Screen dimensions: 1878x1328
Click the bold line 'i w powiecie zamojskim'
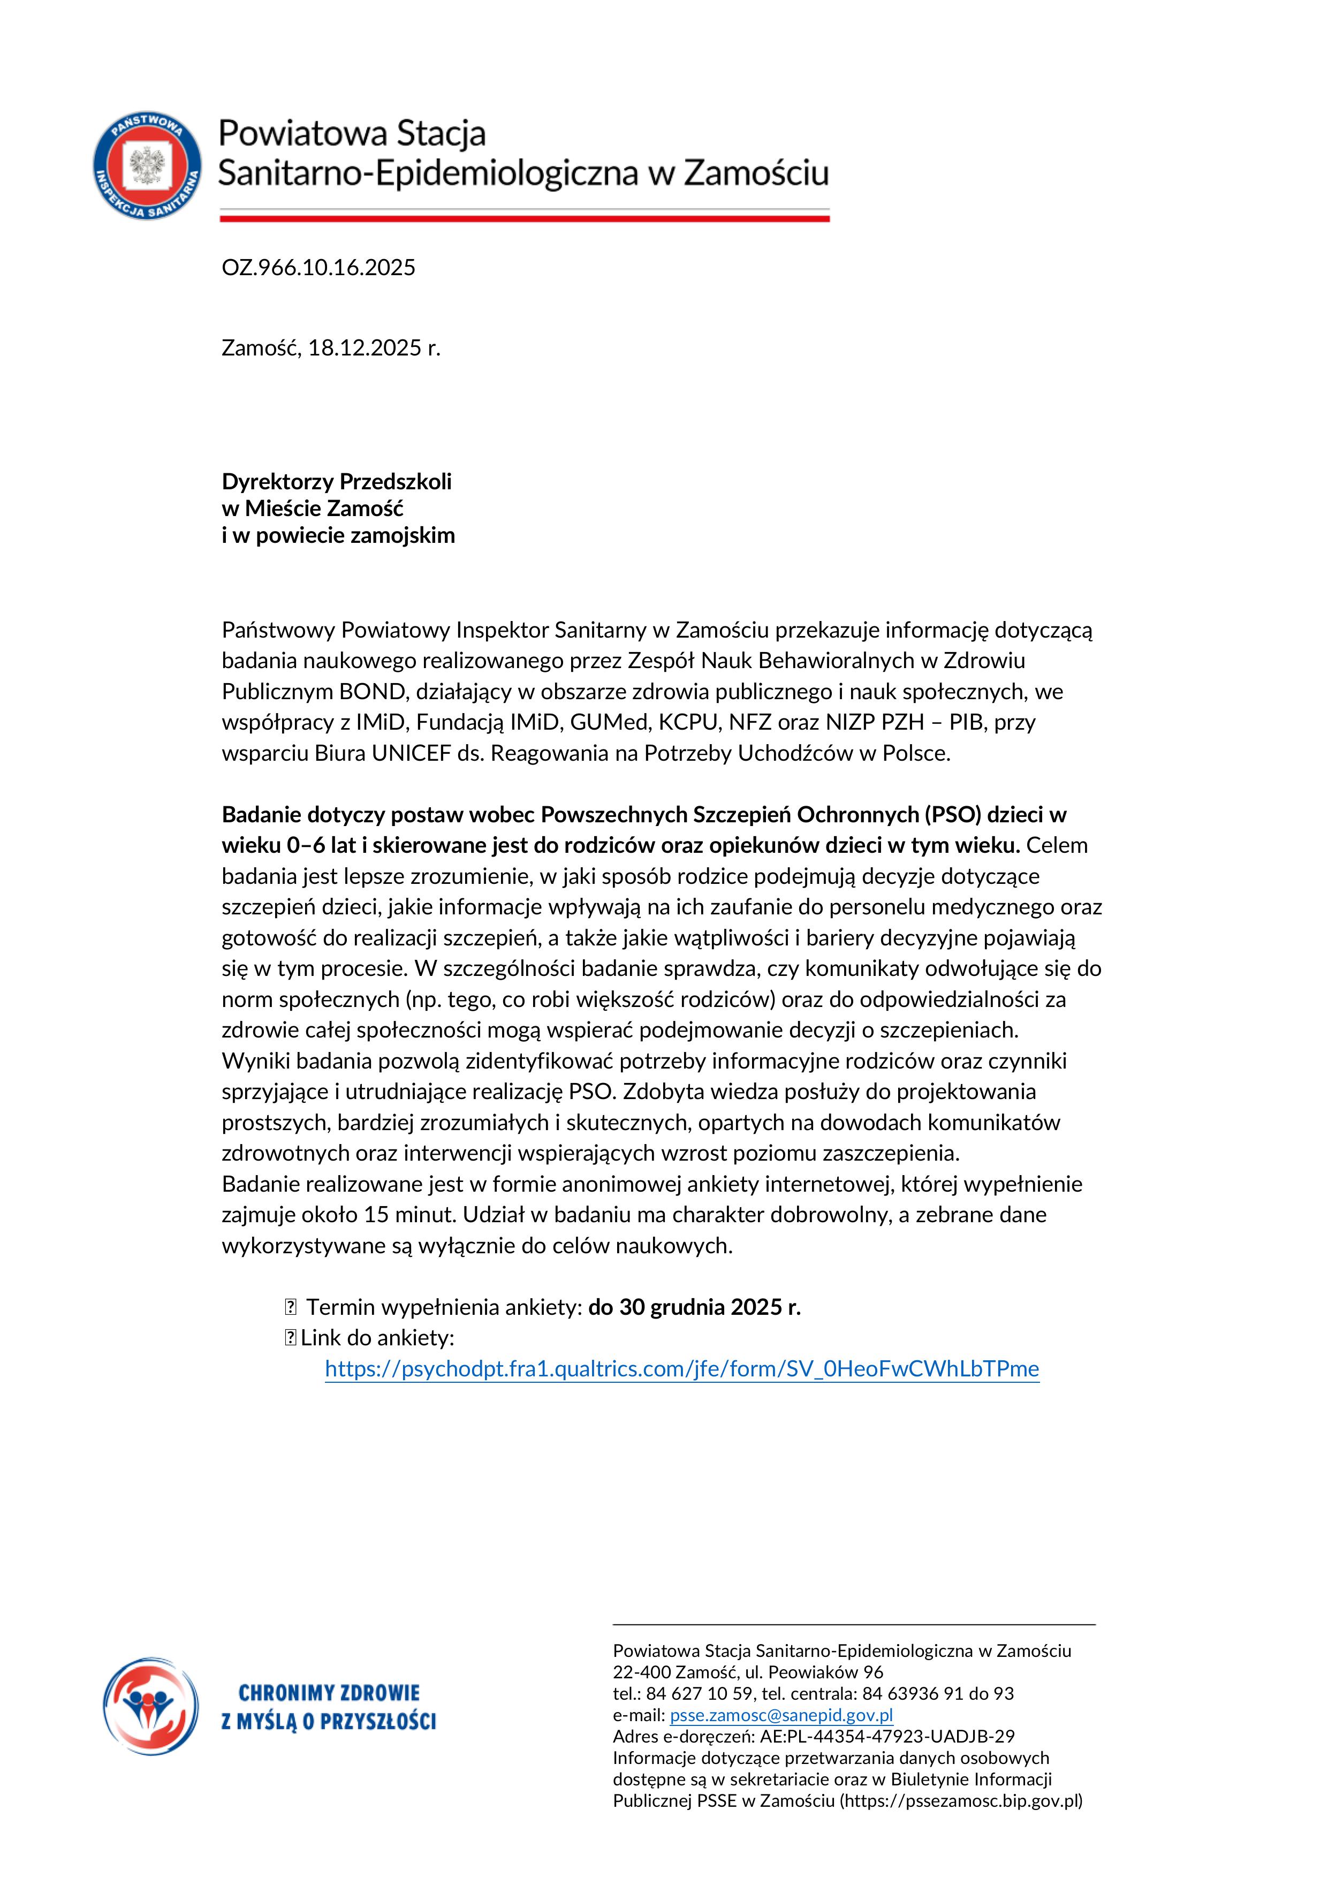(x=338, y=536)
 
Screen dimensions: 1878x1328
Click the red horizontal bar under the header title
(x=524, y=218)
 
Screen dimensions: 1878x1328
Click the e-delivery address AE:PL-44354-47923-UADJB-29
(x=887, y=1737)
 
